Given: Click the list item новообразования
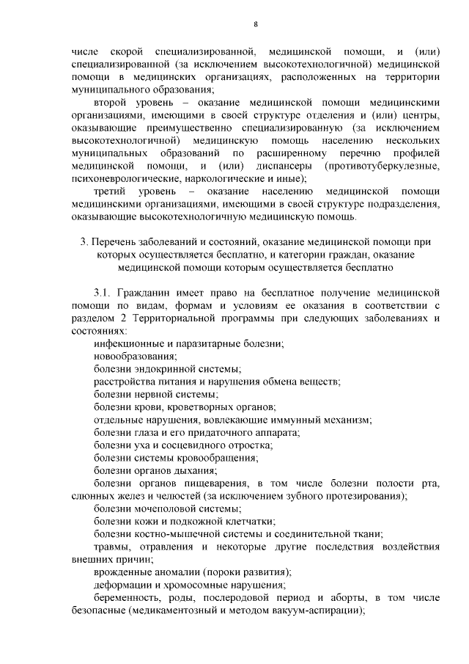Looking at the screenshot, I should [x=135, y=356].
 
